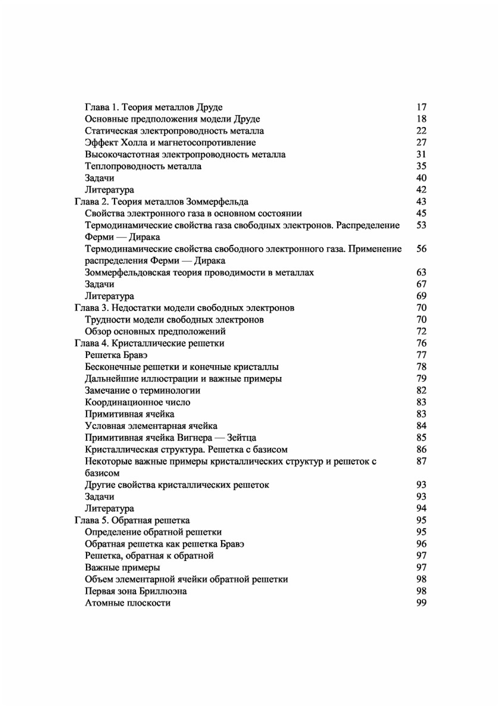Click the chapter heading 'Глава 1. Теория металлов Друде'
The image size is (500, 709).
click(153, 107)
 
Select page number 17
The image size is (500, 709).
click(421, 107)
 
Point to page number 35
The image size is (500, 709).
click(421, 166)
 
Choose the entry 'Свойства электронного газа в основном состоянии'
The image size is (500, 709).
click(193, 213)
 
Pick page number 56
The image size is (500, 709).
click(421, 248)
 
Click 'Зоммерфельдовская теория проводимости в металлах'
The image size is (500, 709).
click(199, 272)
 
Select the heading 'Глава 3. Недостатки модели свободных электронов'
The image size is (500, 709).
click(184, 308)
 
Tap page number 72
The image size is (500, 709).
click(421, 331)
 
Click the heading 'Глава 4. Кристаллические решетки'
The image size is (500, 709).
click(149, 343)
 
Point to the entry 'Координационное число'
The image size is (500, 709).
click(137, 402)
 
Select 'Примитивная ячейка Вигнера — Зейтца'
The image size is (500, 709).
click(170, 438)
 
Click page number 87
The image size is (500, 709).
click(421, 461)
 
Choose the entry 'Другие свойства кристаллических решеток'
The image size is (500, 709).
click(177, 485)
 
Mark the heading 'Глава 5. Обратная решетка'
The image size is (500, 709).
click(132, 520)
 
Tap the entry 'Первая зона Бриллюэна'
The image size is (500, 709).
click(136, 591)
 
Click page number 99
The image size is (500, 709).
click(421, 603)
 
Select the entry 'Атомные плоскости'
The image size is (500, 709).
click(127, 603)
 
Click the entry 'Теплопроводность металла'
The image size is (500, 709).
click(143, 166)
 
